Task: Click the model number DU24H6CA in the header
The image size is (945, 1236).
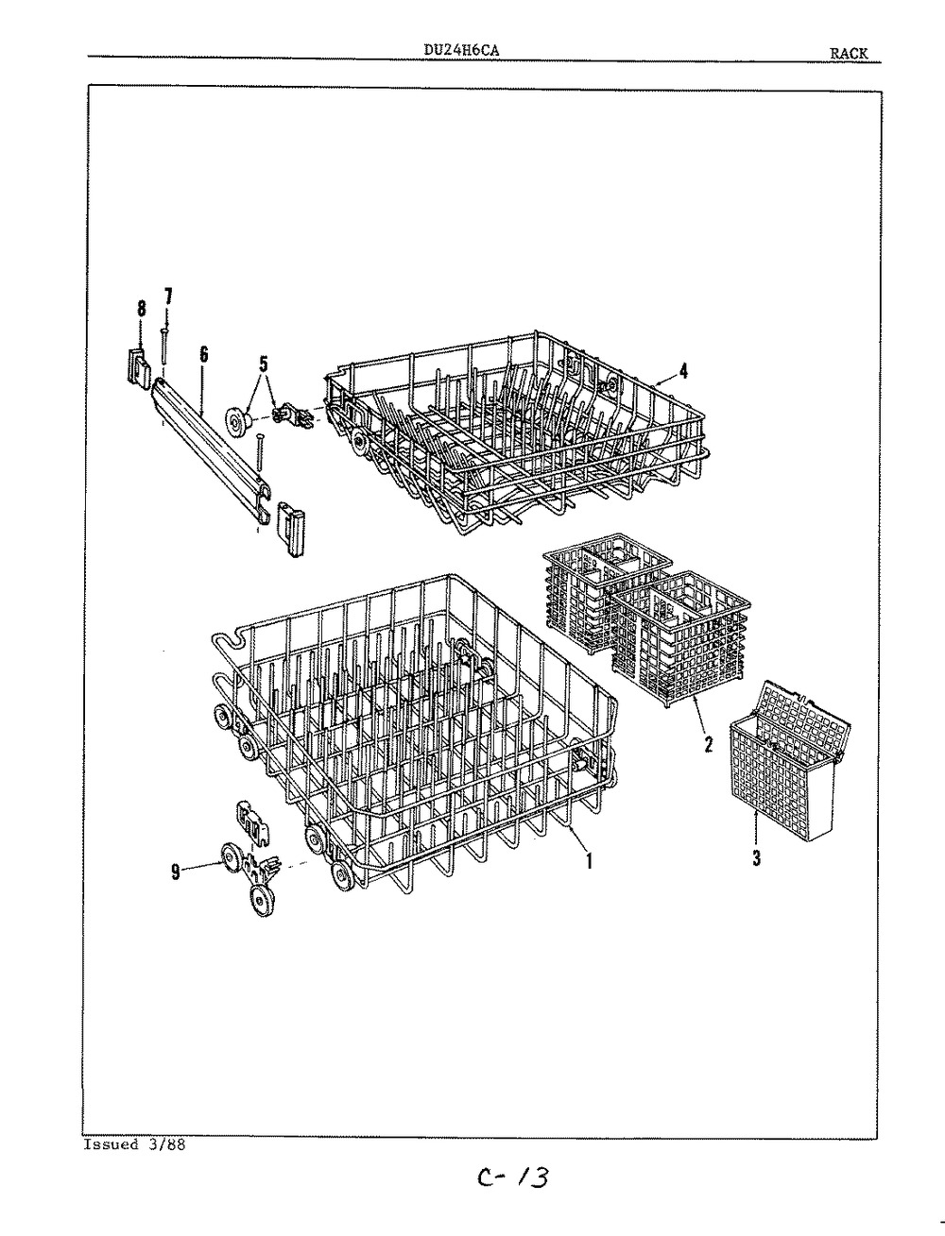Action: (461, 50)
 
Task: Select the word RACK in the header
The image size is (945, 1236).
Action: (848, 54)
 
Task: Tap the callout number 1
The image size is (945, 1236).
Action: (589, 876)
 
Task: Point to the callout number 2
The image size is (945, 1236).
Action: (709, 744)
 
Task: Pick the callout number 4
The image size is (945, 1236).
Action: (683, 371)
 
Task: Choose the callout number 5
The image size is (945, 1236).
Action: (263, 364)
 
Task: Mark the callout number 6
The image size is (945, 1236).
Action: (203, 354)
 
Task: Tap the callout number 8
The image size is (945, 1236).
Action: (142, 309)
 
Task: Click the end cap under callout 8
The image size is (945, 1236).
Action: (139, 366)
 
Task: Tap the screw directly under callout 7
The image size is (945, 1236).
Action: (164, 346)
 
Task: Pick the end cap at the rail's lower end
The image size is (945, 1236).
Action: (290, 530)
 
